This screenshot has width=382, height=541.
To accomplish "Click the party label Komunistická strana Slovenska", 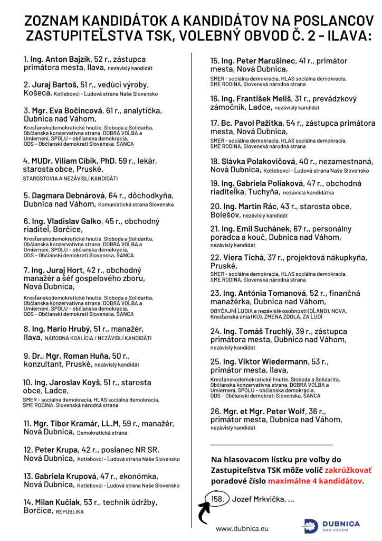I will [136, 204].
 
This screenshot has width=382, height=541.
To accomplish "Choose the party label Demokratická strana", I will [102, 433].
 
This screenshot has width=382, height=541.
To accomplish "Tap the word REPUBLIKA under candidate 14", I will [70, 511].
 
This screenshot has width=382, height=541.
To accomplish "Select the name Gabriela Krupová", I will [64, 476].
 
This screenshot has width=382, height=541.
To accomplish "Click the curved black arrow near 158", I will [202, 510].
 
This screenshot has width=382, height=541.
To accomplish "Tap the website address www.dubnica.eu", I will [242, 528].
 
